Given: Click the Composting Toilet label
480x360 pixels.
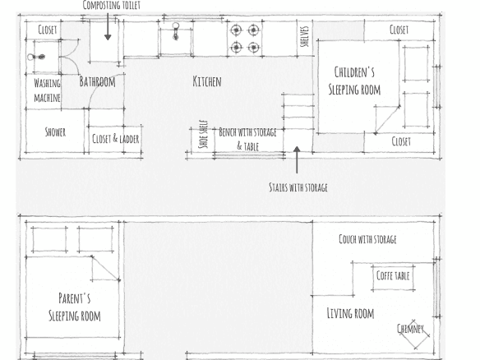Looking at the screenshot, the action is pyautogui.click(x=112, y=5).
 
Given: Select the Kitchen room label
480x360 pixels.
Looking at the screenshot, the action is pyautogui.click(x=207, y=81).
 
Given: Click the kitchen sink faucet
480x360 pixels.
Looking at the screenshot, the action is pyautogui.click(x=175, y=31).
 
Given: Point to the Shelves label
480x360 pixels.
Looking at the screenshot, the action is pyautogui.click(x=304, y=36).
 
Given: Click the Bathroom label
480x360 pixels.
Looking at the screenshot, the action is pyautogui.click(x=97, y=81).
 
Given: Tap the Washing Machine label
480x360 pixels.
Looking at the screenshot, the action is pyautogui.click(x=47, y=90).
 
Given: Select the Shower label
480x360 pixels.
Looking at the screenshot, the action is pyautogui.click(x=55, y=132).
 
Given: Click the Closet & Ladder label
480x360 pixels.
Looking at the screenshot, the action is pyautogui.click(x=116, y=139).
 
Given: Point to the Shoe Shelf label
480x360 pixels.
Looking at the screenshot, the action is pyautogui.click(x=203, y=134).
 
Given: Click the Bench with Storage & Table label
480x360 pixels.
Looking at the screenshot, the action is pyautogui.click(x=247, y=139).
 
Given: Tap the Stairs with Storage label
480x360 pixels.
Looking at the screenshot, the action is pyautogui.click(x=298, y=187).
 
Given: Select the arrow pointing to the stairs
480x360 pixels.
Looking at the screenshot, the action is pyautogui.click(x=297, y=159).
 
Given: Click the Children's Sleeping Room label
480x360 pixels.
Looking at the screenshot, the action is pyautogui.click(x=354, y=81).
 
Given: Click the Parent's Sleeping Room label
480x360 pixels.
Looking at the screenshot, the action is pyautogui.click(x=75, y=307).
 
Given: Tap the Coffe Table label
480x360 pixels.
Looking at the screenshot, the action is pyautogui.click(x=393, y=275).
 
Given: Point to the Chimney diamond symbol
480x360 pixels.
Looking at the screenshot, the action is pyautogui.click(x=414, y=334).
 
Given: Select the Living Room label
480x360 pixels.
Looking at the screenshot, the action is pyautogui.click(x=350, y=313).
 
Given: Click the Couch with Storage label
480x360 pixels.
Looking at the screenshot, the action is pyautogui.click(x=367, y=239).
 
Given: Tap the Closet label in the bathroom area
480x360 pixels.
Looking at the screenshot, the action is pyautogui.click(x=48, y=30).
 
